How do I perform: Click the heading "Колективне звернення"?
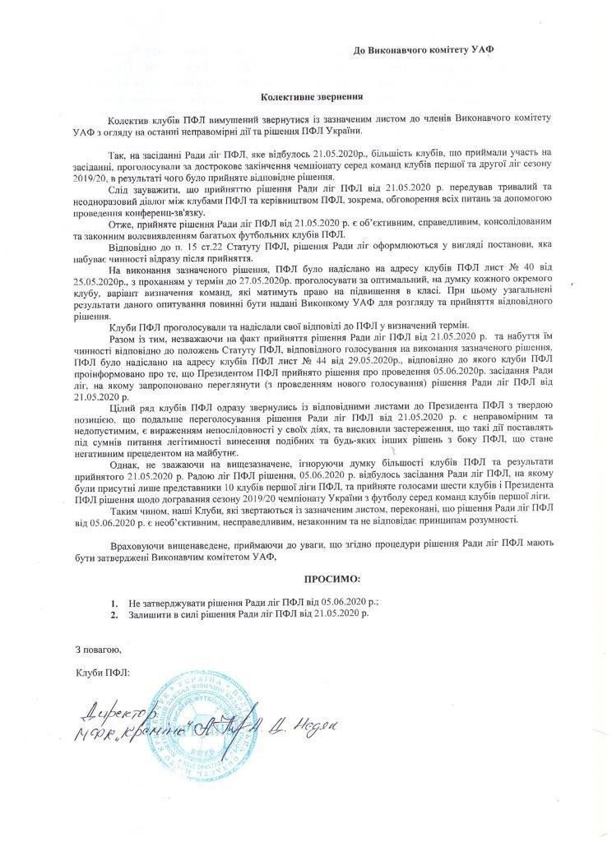299,96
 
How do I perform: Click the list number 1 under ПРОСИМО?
116,603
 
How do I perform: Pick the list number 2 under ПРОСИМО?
116,613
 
